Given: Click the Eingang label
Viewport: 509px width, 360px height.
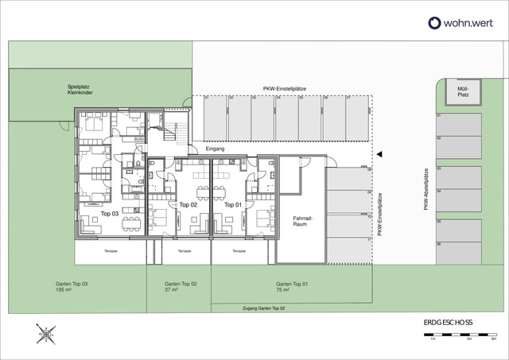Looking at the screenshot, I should [216, 149].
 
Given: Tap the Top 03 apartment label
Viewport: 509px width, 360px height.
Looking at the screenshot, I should [111, 215].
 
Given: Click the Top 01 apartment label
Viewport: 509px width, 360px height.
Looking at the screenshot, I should [232, 205].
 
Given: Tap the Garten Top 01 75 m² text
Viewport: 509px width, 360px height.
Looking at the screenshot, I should [292, 287].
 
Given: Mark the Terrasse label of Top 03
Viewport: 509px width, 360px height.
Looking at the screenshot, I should [110, 251].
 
